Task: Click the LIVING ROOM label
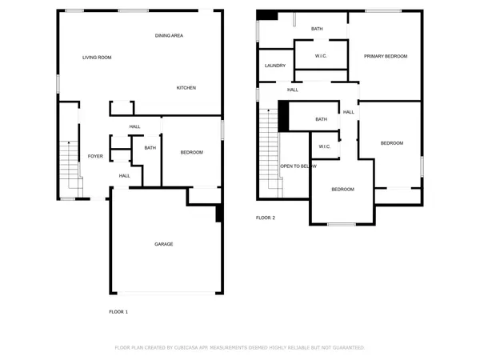tap(97, 58)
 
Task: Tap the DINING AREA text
tap(170, 36)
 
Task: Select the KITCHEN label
tap(186, 88)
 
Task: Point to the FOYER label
tap(95, 156)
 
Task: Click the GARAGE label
tap(163, 244)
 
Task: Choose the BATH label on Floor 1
tap(150, 148)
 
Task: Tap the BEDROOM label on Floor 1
tap(191, 153)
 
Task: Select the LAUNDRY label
tap(274, 66)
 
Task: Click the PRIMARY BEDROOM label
tap(386, 56)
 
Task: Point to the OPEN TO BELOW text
tap(298, 166)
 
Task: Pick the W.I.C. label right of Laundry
tap(321, 56)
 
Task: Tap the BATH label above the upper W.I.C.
tap(317, 29)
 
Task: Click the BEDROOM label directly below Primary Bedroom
tap(391, 143)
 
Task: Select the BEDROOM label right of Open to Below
tap(342, 190)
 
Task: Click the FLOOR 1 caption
tap(118, 311)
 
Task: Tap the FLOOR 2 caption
tap(265, 218)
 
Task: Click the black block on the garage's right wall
tap(219, 214)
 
